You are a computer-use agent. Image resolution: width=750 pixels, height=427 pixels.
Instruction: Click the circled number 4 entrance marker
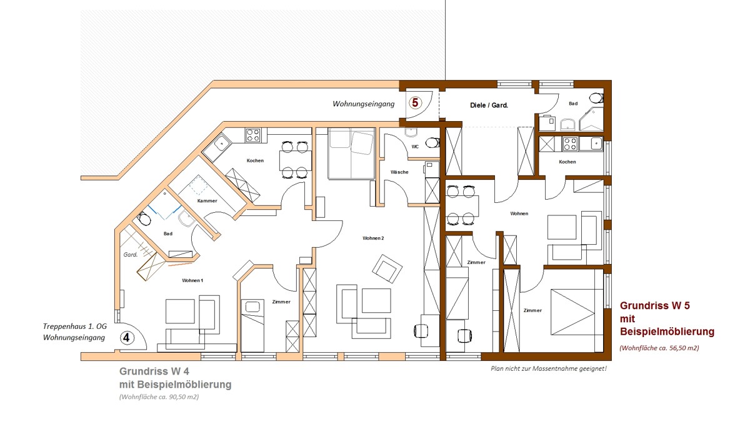[x=127, y=338]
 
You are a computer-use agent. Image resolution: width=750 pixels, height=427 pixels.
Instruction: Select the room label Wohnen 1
[x=192, y=280]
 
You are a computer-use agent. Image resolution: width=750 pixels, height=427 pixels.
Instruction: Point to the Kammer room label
[x=207, y=201]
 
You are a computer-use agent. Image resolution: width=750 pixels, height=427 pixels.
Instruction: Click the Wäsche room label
[x=399, y=172]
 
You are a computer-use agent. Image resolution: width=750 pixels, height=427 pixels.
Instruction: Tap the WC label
[x=415, y=147]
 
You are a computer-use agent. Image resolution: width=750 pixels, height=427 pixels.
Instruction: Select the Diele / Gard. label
[x=489, y=106]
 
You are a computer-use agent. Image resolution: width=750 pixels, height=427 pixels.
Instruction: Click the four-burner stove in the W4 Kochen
[x=253, y=135]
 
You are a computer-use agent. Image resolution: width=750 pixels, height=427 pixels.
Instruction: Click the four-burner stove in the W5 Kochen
[x=570, y=144]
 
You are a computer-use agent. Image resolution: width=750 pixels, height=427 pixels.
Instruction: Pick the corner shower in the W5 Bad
[x=591, y=119]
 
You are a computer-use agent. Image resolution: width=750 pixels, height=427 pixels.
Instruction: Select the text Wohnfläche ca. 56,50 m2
[x=659, y=348]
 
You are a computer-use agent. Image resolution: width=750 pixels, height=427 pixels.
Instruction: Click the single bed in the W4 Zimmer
[x=253, y=324]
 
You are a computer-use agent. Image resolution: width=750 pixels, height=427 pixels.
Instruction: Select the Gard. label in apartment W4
[x=130, y=255]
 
